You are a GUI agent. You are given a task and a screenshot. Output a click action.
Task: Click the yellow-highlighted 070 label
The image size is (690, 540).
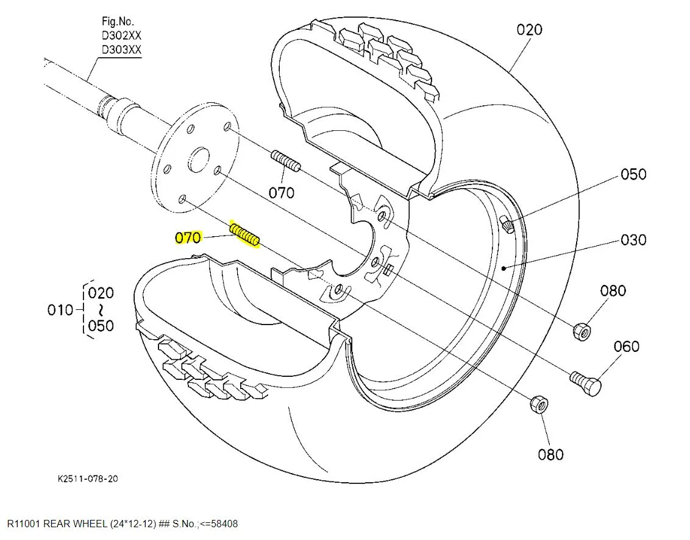188,237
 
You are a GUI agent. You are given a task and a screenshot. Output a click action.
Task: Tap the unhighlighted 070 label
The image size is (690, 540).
281,192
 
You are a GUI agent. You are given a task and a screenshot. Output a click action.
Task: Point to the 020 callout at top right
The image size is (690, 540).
529,29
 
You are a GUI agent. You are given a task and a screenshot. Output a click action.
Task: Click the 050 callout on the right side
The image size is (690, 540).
633,174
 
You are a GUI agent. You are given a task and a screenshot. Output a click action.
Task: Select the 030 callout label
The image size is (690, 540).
633,240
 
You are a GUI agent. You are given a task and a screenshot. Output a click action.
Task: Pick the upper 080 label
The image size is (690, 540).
613,290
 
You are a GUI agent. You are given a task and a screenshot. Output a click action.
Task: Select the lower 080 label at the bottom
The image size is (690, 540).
550,454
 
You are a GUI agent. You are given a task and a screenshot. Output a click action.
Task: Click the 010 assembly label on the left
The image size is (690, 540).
60,310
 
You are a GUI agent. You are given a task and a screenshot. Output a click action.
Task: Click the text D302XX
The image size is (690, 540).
121,35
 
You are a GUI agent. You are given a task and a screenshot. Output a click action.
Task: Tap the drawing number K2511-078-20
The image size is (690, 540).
88,479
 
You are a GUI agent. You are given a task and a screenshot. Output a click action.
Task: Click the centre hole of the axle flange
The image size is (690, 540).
197,162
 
